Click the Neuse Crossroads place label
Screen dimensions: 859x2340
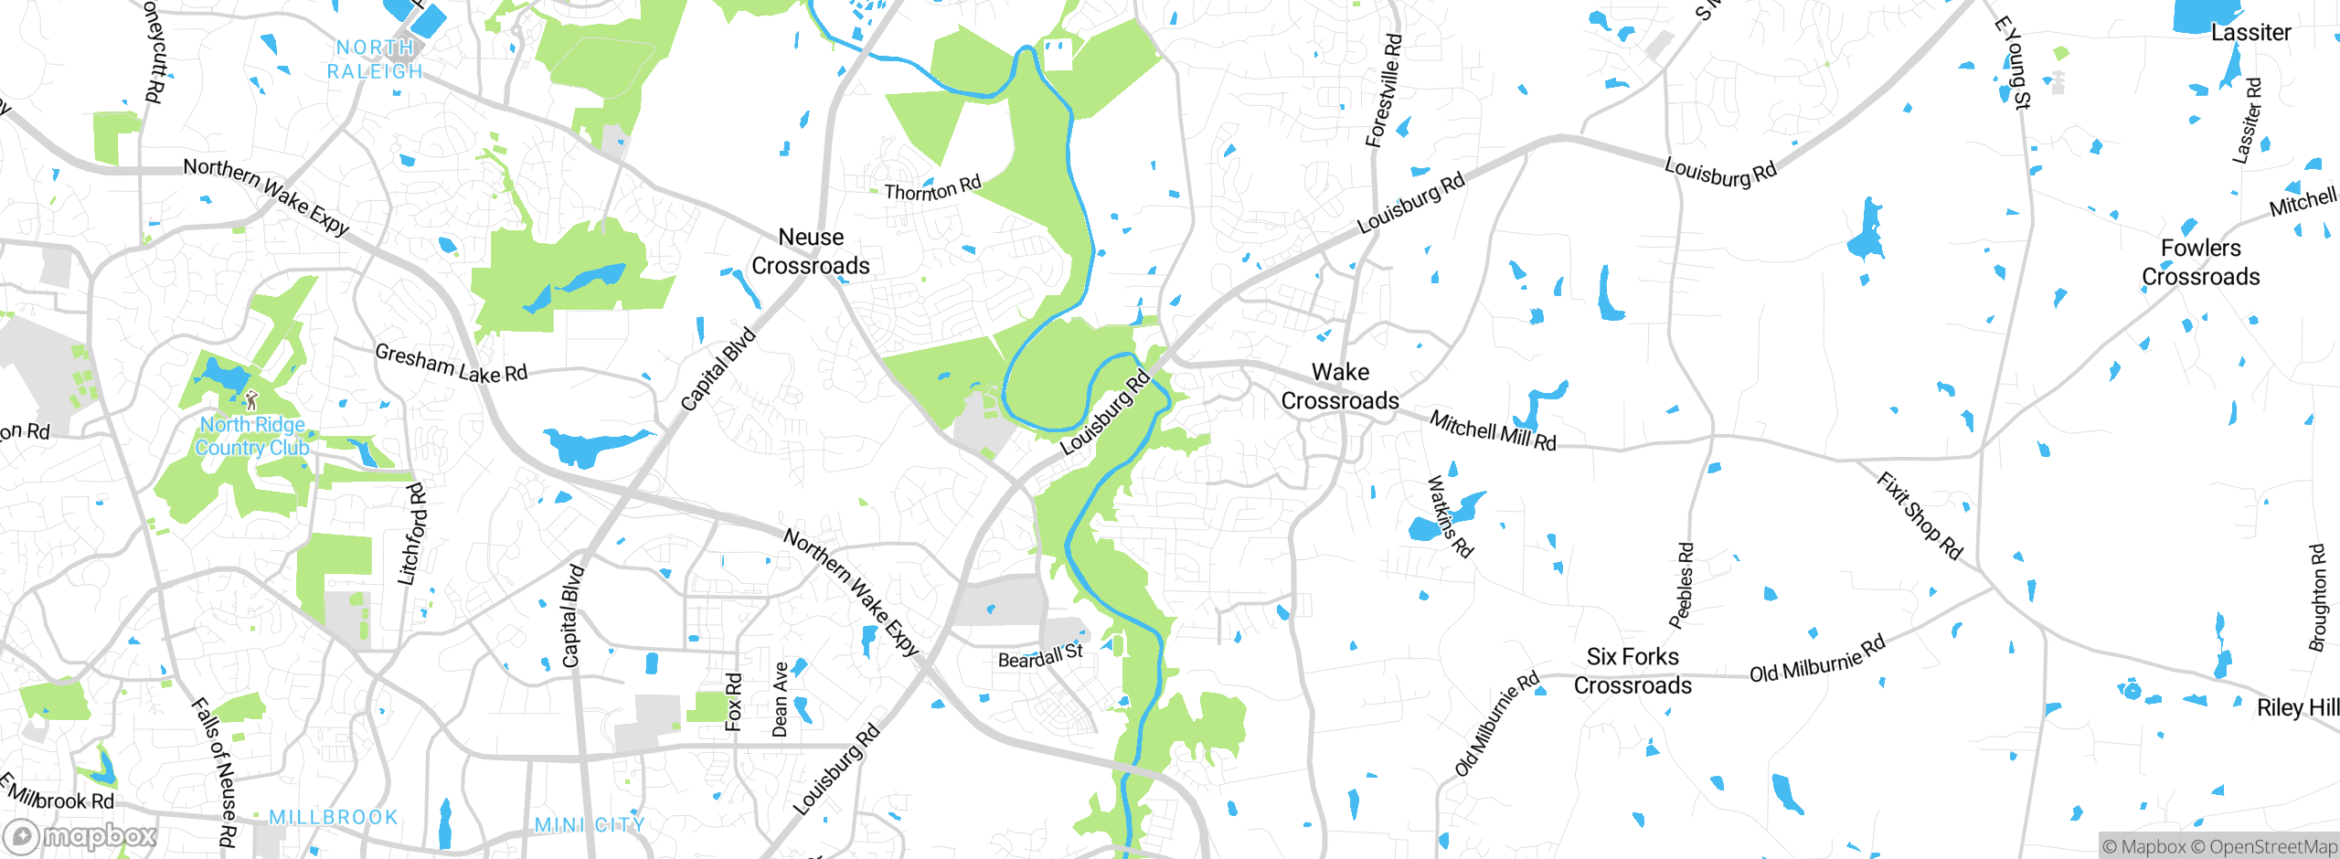[x=811, y=251]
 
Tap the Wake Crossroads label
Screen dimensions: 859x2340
[x=1340, y=387]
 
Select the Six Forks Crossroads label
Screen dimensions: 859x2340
[x=1633, y=671]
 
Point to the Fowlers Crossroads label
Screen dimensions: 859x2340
[x=2200, y=262]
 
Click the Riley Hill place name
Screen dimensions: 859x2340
[x=2297, y=708]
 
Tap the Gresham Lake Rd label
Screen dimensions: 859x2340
[x=452, y=364]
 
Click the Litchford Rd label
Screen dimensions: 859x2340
[x=412, y=535]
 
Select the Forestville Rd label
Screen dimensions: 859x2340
[x=1383, y=91]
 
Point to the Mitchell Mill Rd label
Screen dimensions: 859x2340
[x=1493, y=430]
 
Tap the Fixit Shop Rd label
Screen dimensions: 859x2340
[x=1920, y=515]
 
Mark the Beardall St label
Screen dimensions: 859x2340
[x=1040, y=656]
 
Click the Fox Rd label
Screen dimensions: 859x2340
[x=734, y=702]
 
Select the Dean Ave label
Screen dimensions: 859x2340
[x=780, y=700]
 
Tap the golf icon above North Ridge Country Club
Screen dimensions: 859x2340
[x=251, y=400]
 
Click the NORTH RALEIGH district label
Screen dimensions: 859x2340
[x=375, y=59]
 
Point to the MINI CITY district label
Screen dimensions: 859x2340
[x=590, y=825]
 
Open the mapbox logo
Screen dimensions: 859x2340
[x=80, y=835]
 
